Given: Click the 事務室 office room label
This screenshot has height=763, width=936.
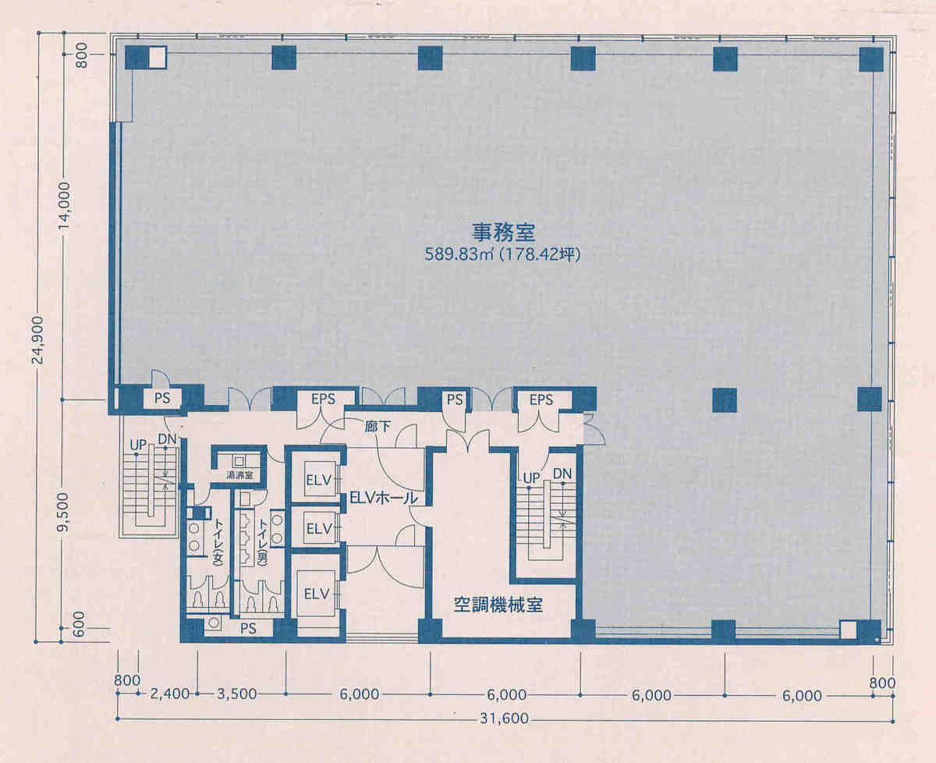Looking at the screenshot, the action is click(503, 233).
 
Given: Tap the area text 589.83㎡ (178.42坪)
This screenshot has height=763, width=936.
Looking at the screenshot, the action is click(503, 255).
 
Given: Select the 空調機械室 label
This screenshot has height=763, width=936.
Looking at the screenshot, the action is click(498, 605).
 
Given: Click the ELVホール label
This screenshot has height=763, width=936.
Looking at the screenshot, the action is click(383, 498).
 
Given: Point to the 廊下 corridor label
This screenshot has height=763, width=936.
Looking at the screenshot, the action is click(377, 426).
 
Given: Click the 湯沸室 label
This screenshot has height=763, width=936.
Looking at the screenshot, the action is click(239, 475).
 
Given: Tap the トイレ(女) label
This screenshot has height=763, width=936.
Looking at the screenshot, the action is click(218, 541).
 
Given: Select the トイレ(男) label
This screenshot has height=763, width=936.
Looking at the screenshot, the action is click(263, 541).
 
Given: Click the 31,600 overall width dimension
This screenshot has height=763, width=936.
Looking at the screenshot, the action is click(504, 719).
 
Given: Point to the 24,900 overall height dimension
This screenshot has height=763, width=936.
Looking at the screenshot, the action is click(39, 340).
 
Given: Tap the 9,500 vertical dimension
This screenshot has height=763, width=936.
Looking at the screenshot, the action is click(64, 512).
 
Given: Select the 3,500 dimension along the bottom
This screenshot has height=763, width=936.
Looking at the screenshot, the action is click(237, 694).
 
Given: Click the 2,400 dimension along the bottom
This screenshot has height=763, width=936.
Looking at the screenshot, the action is click(170, 694).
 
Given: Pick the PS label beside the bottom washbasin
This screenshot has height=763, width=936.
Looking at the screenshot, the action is click(248, 629).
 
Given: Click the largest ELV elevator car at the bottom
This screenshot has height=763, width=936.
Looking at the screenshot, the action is click(316, 594).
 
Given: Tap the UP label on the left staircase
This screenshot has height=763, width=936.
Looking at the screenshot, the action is click(138, 445).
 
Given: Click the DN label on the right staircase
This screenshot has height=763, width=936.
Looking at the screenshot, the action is click(562, 474).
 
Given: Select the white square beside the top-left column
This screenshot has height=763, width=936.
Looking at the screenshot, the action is click(158, 58).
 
